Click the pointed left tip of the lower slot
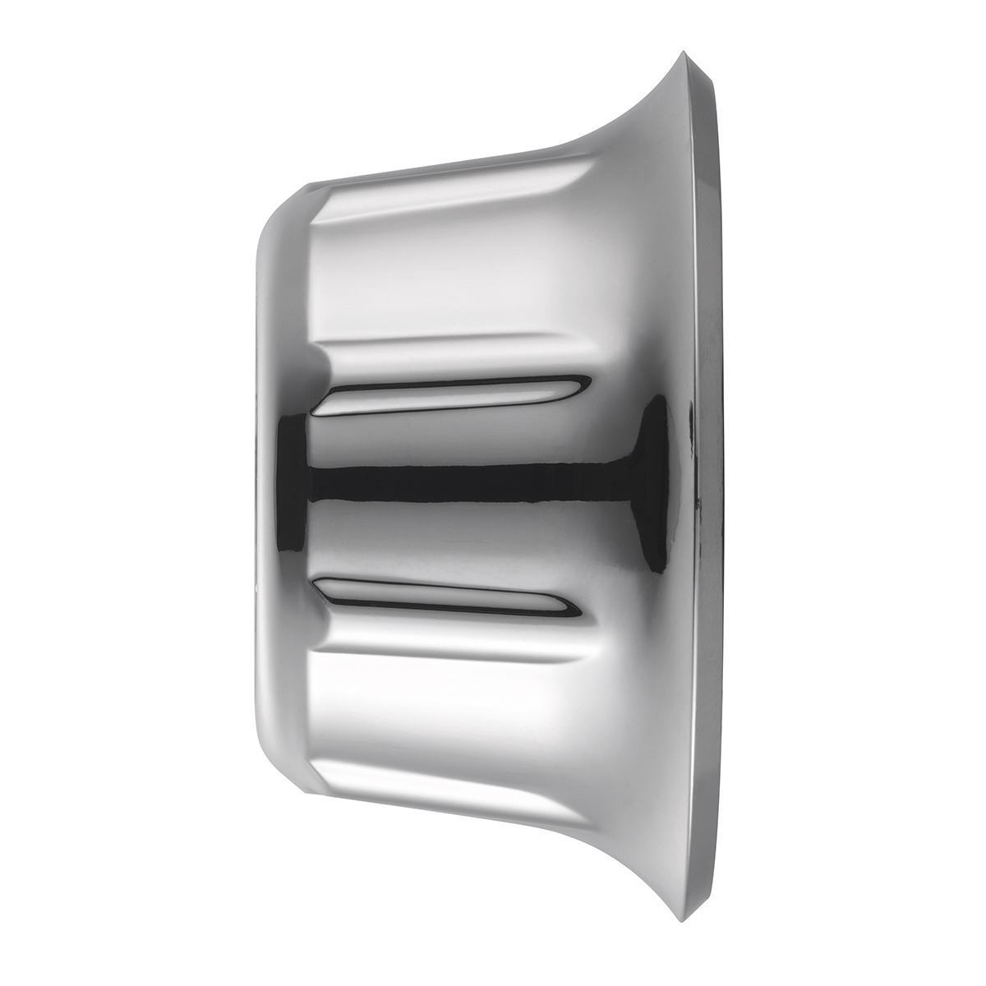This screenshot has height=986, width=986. (317, 580)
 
